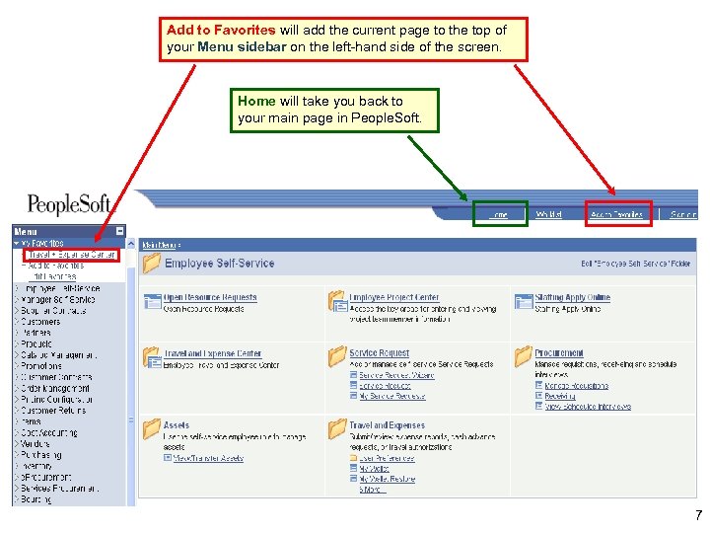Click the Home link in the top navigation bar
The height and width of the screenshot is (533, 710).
(499, 214)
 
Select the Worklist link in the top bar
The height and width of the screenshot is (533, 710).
(549, 214)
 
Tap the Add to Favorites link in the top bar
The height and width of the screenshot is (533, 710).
(617, 214)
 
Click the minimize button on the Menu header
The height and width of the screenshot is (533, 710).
(120, 231)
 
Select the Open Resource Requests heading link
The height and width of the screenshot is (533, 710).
(210, 297)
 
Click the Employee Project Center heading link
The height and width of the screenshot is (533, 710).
(394, 297)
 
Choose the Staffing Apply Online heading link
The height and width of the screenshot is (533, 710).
(573, 297)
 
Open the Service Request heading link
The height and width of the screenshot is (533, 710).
(380, 353)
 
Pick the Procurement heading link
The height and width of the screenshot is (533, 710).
(559, 353)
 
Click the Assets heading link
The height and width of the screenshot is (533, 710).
(177, 425)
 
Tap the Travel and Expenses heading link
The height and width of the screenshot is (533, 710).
(387, 425)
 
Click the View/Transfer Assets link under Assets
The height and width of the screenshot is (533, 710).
(208, 458)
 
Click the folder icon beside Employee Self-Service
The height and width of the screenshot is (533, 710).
(151, 264)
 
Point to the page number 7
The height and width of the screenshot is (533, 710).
(698, 515)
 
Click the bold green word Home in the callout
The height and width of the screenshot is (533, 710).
(256, 101)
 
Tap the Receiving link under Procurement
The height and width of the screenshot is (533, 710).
(560, 396)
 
